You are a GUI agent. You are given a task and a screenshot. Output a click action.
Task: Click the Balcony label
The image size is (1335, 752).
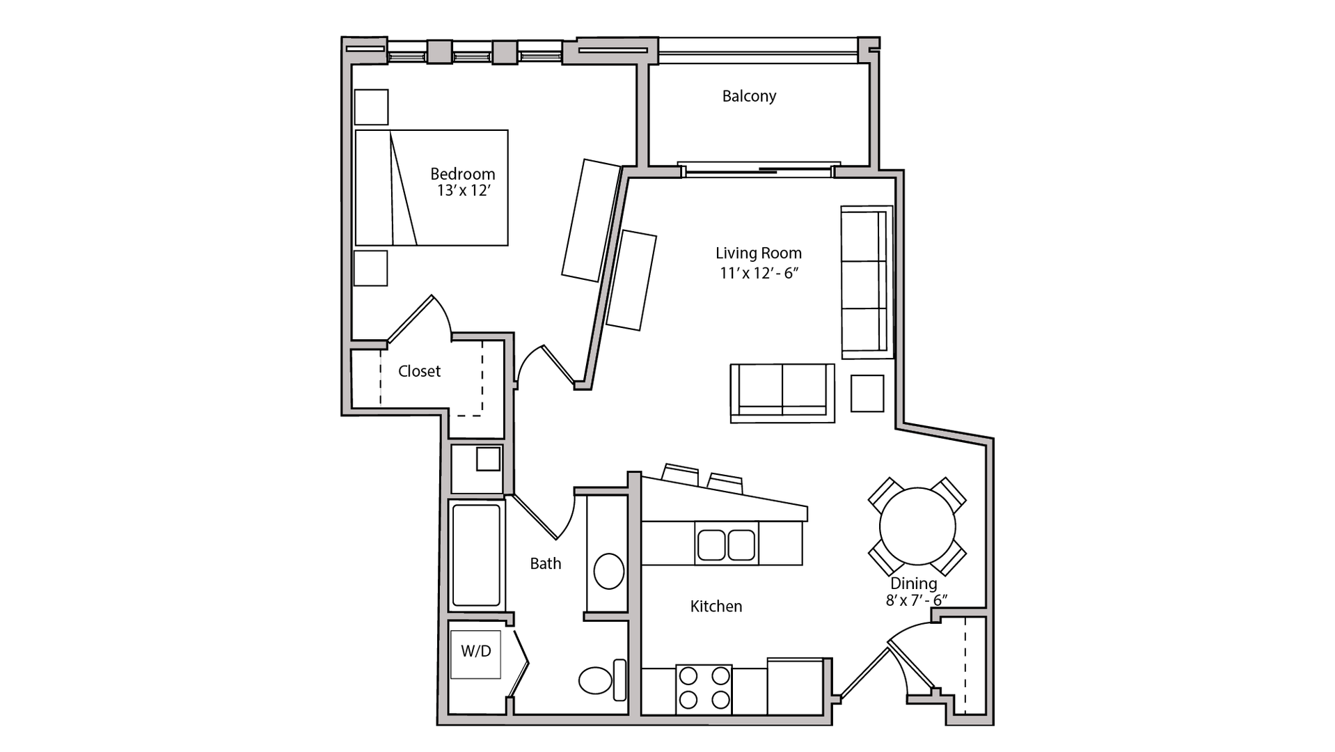click(x=749, y=96)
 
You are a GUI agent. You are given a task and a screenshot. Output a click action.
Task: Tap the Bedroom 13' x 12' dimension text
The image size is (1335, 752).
click(x=464, y=191)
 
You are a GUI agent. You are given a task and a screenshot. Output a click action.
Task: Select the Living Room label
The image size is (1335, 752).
click(x=758, y=253)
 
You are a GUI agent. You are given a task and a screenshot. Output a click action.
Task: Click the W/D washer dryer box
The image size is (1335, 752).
click(x=475, y=653)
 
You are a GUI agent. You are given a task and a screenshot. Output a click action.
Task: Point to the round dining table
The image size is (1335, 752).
click(x=917, y=526)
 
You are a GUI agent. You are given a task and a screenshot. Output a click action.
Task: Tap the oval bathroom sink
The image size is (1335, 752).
click(x=609, y=571)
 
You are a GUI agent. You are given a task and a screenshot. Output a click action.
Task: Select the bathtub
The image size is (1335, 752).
click(x=476, y=555)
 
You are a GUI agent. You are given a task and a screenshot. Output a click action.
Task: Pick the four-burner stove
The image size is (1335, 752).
click(x=704, y=688)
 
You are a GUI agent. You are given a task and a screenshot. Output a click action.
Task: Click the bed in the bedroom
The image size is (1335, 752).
click(x=432, y=187)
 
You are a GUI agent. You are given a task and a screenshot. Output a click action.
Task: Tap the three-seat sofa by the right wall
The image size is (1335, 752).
click(x=866, y=282)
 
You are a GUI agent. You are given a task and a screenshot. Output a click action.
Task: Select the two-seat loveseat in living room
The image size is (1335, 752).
click(x=782, y=392)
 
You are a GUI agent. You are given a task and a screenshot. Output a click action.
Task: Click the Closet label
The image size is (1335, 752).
click(x=419, y=371)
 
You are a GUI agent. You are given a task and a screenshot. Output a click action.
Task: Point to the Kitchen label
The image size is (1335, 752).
click(x=716, y=606)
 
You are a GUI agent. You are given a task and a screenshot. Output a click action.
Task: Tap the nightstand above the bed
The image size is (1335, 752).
click(x=371, y=107)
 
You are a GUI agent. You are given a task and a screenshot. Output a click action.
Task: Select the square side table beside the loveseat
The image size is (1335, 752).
click(x=867, y=393)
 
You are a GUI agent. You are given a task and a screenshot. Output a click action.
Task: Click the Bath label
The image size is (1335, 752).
click(x=545, y=563)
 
